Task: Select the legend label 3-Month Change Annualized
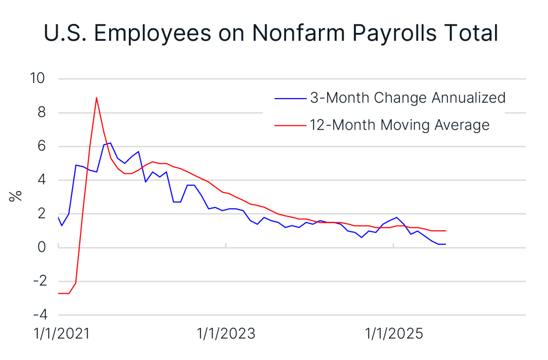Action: (x=408, y=98)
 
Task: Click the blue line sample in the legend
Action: (x=290, y=98)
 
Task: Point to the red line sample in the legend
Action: (x=290, y=125)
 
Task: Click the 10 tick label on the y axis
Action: (x=37, y=79)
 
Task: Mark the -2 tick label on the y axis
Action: (x=39, y=281)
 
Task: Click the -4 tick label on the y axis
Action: (x=39, y=315)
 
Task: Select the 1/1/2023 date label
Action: (x=226, y=333)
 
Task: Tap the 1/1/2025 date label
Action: (x=393, y=333)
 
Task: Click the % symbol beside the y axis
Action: (x=16, y=196)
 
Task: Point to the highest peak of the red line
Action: (x=96, y=98)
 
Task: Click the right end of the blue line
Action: (x=446, y=244)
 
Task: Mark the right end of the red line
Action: (x=446, y=231)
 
